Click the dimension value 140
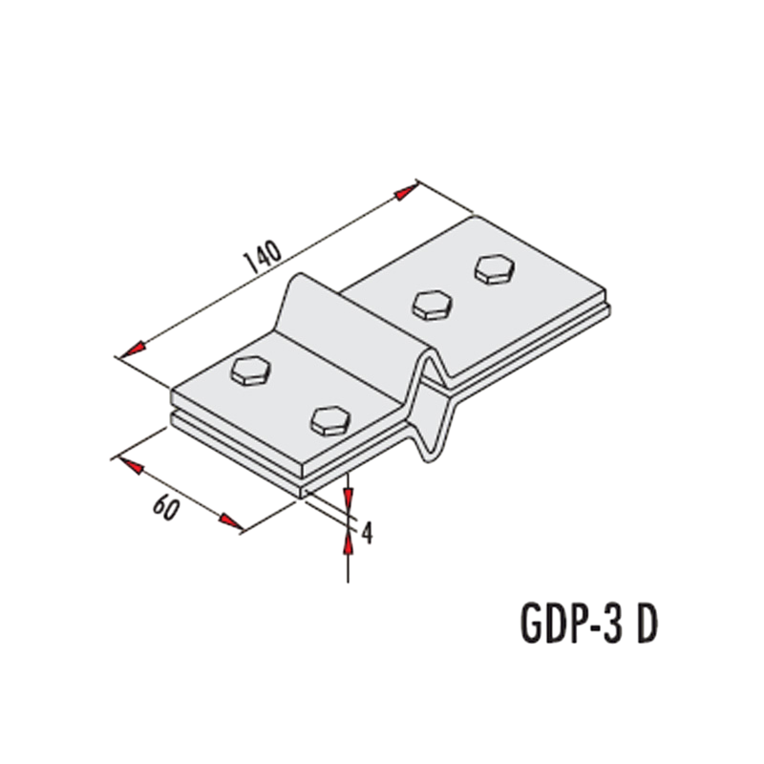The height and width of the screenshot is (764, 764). click(x=265, y=256)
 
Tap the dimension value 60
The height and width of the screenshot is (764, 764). click(x=166, y=507)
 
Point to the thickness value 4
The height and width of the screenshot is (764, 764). click(x=367, y=533)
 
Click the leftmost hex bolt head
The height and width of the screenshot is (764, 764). click(x=250, y=371)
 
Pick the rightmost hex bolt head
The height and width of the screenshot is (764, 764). click(x=495, y=268)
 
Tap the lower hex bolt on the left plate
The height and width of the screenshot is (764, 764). click(x=330, y=420)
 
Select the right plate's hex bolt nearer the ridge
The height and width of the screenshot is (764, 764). click(x=432, y=305)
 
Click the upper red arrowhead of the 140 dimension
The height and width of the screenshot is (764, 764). click(x=407, y=193)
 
